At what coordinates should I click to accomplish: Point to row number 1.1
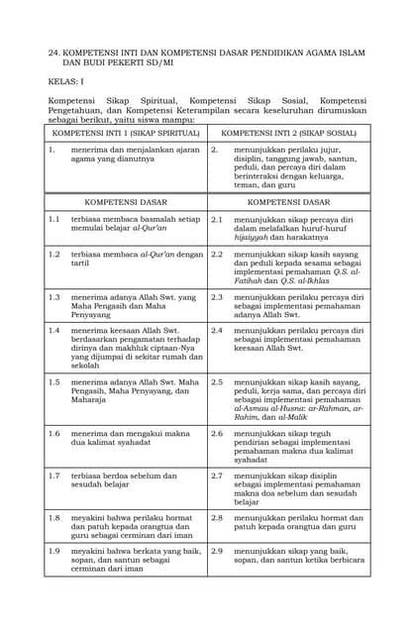(x=54, y=219)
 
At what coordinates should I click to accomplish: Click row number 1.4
(x=54, y=330)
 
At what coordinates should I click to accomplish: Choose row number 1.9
(x=54, y=551)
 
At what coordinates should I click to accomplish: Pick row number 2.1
(x=216, y=219)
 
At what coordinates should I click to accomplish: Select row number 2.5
(x=216, y=381)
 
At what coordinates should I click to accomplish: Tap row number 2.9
(x=216, y=551)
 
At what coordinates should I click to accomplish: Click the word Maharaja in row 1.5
(x=88, y=401)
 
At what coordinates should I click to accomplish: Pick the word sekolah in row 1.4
(x=84, y=366)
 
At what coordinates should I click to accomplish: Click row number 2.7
(x=216, y=476)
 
